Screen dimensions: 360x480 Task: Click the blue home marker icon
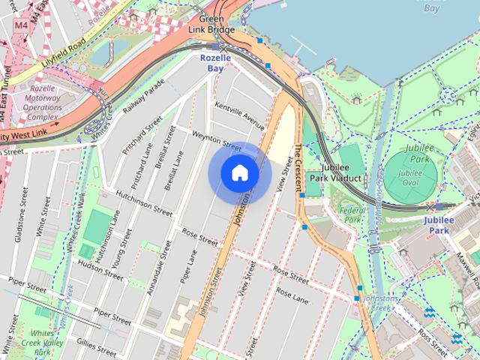click(x=239, y=173)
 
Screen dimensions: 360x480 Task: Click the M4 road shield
click(x=21, y=25)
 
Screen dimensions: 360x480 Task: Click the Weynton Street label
click(x=217, y=141)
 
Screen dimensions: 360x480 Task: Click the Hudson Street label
click(x=99, y=269)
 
